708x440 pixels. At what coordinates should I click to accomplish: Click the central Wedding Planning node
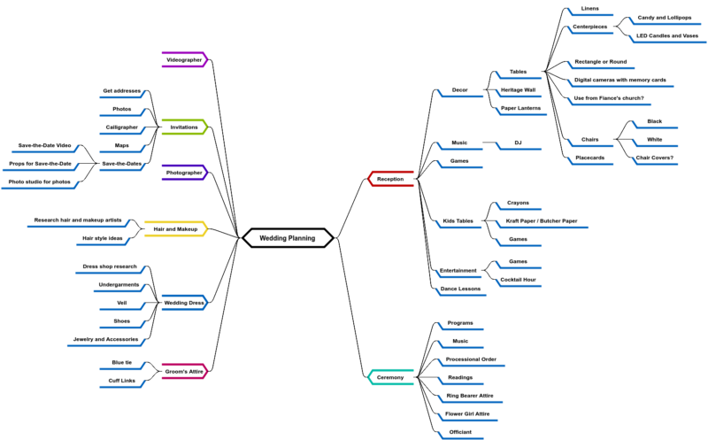click(288, 237)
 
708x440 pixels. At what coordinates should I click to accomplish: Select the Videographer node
click(184, 59)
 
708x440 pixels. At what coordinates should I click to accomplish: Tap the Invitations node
click(184, 127)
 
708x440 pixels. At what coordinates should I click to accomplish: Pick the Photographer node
click(184, 172)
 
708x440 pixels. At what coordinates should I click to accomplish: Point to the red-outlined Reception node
click(390, 179)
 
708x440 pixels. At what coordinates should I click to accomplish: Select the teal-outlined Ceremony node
click(390, 377)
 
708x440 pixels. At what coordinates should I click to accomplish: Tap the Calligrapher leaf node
click(122, 127)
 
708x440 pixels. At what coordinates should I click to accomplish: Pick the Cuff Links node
click(121, 380)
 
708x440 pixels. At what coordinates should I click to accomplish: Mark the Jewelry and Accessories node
click(104, 338)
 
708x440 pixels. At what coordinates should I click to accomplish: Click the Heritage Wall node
click(518, 89)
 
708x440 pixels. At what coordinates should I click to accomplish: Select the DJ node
click(518, 142)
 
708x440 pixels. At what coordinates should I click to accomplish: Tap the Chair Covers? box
click(655, 158)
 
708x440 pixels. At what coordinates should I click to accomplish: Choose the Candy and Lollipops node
click(658, 17)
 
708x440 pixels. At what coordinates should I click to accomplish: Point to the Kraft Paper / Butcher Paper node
click(541, 220)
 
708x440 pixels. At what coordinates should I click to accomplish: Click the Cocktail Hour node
click(518, 279)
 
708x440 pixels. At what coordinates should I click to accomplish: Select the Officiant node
click(460, 431)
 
